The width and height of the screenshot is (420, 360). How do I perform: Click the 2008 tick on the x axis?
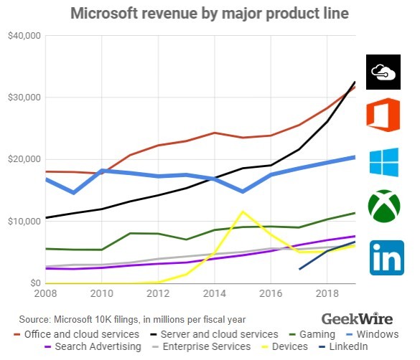(45, 294)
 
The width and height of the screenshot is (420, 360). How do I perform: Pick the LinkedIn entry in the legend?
(344, 346)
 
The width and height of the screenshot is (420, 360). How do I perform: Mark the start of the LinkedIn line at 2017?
(299, 269)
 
